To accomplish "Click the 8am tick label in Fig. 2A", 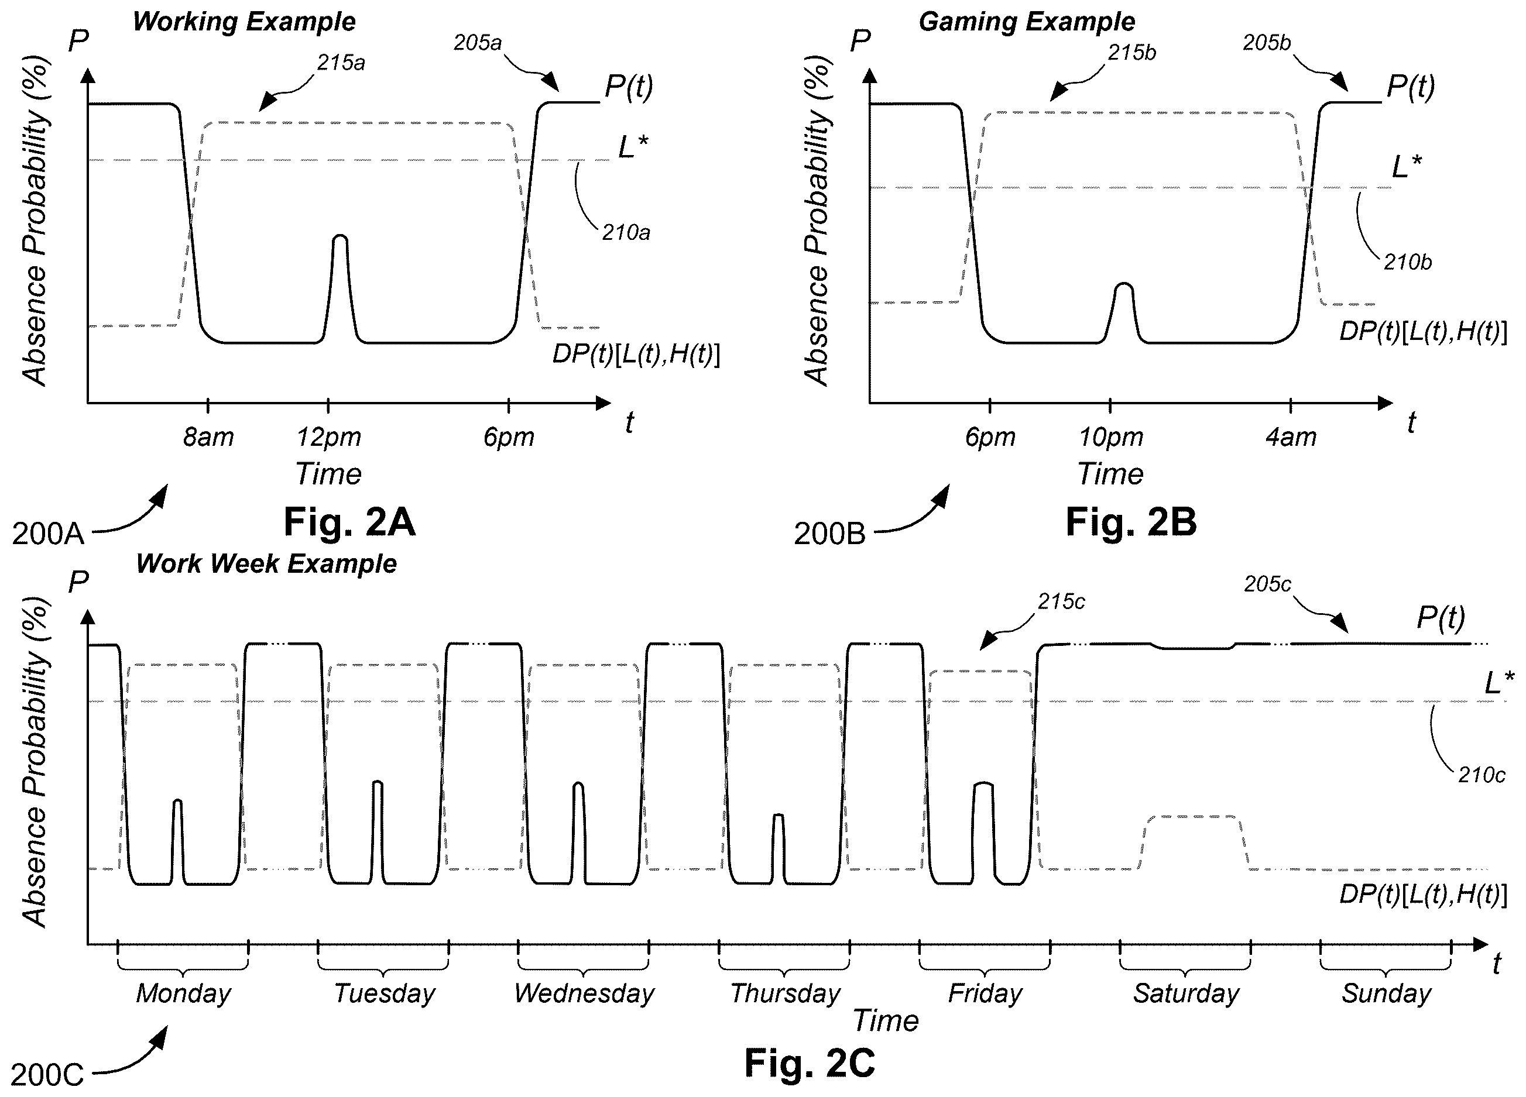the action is coord(208,438).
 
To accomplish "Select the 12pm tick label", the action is coord(329,438).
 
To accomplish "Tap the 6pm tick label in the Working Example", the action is coord(509,438).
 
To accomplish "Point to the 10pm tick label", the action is coord(1111,438).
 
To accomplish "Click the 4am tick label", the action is coord(1291,438).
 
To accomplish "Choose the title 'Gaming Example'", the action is coord(1027,22).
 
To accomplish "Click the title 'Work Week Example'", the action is coord(266,563).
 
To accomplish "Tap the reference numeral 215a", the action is coord(341,63).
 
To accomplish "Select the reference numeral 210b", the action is coord(1408,262).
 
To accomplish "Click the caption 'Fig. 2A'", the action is coord(349,522).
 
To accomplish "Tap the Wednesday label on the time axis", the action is coord(584,993).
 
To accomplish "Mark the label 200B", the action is coord(829,534).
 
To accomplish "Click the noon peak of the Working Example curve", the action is coord(341,236).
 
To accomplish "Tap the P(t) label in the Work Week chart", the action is coord(1441,617).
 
